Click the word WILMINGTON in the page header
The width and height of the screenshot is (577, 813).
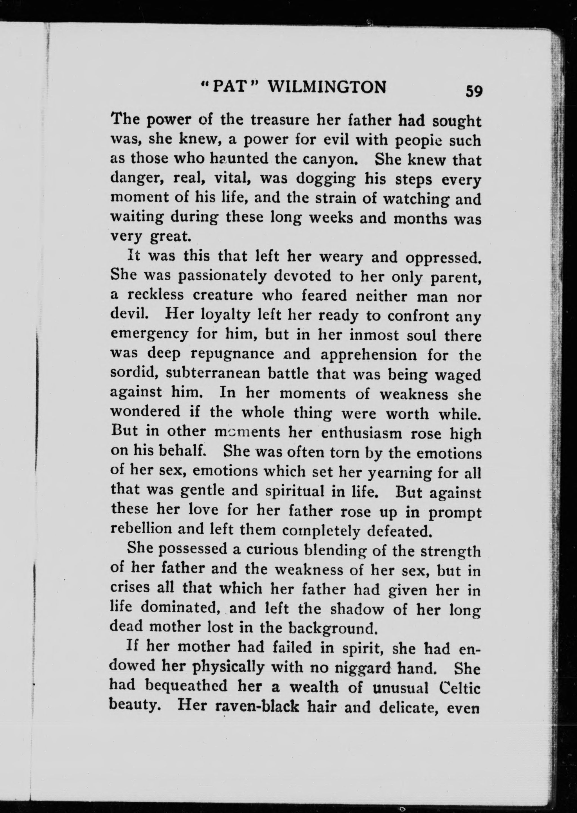[x=326, y=87]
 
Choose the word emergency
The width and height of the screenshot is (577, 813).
[x=149, y=335]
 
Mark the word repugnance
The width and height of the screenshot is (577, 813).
[x=232, y=354]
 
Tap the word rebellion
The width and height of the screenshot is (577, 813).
[x=141, y=529]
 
